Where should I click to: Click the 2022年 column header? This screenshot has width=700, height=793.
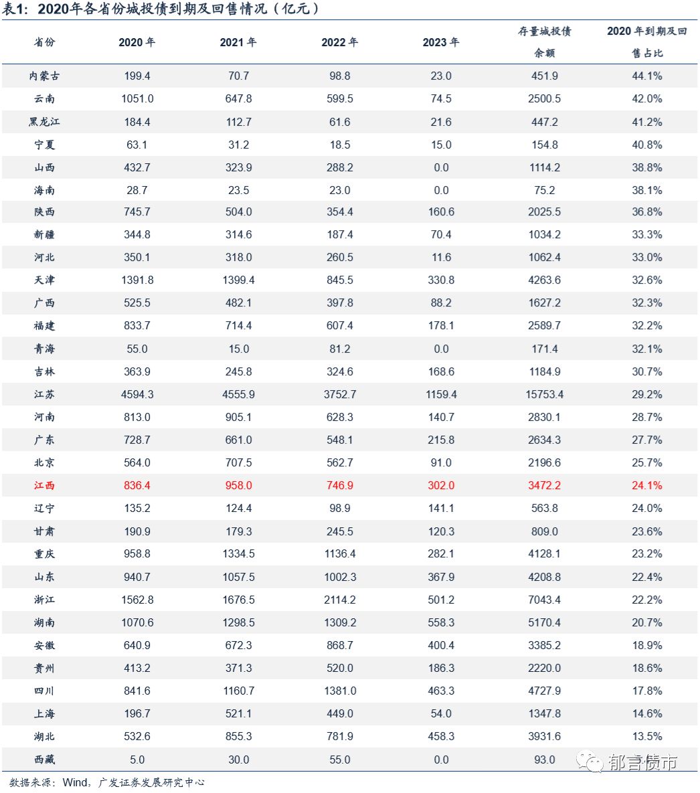coord(339,42)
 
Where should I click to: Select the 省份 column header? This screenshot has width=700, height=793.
coord(44,42)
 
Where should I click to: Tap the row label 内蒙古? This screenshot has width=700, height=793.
coord(44,76)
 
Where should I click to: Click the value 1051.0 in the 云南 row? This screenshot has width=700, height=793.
coord(137,99)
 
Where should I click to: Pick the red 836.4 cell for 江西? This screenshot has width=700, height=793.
coord(137,486)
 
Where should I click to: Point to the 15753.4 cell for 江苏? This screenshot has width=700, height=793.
coord(544,395)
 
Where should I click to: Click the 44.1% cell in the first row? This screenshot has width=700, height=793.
coord(646,76)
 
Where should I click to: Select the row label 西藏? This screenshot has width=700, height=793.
coord(44,760)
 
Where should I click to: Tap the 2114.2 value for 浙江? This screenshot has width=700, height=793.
coord(339,600)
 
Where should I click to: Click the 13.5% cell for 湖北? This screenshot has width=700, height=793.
coord(646,737)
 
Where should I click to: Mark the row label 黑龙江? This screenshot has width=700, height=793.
coord(44,122)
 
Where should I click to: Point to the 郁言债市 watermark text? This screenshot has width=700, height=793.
coord(642,762)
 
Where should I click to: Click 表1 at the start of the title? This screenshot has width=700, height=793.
coord(16,9)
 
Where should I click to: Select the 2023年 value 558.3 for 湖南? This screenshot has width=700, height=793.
coord(441,622)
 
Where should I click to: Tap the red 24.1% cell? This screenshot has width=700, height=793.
coord(646,486)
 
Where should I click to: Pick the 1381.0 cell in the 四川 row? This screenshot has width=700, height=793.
coord(339,691)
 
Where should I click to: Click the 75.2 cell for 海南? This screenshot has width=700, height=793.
coord(544,190)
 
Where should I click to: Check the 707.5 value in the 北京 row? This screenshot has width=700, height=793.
coord(238,463)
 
